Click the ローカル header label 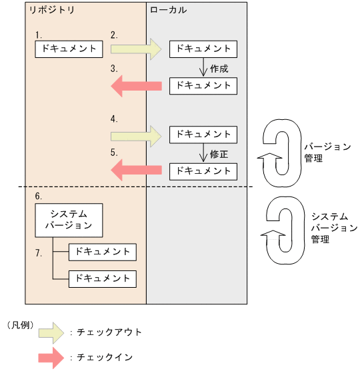[169, 11]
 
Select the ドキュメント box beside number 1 [69, 49]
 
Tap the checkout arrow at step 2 [136, 49]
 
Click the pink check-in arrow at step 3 [136, 85]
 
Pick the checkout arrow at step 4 [136, 135]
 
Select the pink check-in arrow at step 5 [136, 171]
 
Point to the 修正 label [219, 153]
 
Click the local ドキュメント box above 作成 [203, 49]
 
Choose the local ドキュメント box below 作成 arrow [203, 85]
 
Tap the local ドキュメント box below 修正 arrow [203, 171]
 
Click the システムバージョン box [69, 219]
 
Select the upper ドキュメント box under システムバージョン [103, 252]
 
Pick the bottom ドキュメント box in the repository [103, 278]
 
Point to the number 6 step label [38, 196]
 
